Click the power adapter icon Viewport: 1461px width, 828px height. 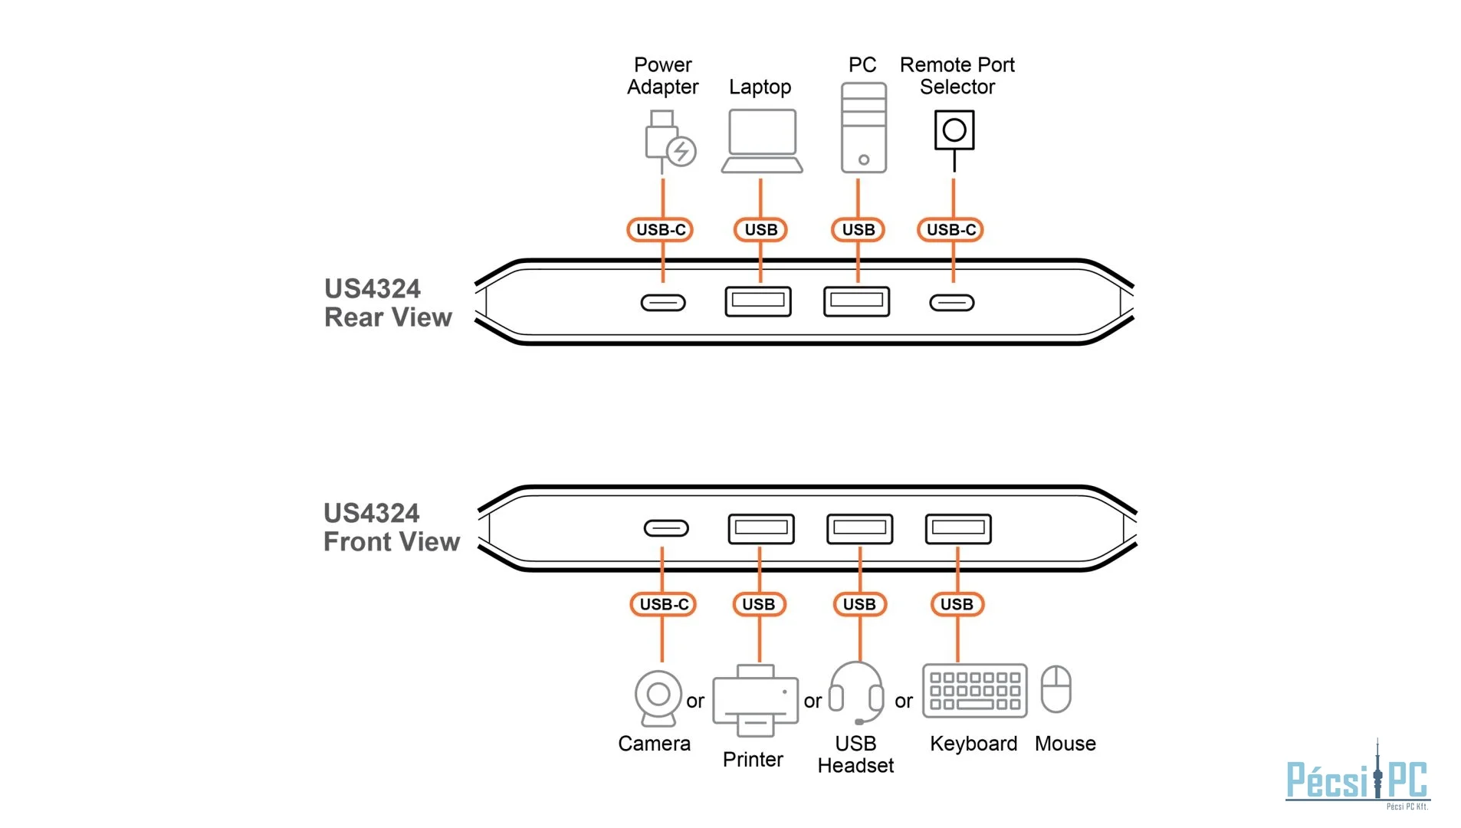tap(668, 140)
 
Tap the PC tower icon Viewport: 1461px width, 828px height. tap(863, 127)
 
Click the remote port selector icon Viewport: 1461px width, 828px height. tap(954, 130)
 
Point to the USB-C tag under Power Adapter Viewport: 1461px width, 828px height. tap(660, 229)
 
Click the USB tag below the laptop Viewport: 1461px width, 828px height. tap(760, 229)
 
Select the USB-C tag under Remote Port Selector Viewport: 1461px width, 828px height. tap(950, 229)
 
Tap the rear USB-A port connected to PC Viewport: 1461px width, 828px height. tap(856, 301)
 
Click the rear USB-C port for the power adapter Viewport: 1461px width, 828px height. tap(663, 303)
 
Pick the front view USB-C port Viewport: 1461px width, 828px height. tap(665, 528)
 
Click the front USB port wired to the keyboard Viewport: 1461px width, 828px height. tap(957, 528)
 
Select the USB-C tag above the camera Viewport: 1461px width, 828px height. tap(663, 604)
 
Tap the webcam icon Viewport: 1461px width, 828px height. tap(658, 698)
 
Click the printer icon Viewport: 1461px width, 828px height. tap(755, 699)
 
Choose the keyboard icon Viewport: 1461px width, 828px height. tap(974, 691)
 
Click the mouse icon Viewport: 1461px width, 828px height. tap(1056, 688)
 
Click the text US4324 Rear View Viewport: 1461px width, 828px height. tap(387, 303)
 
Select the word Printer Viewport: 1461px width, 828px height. tap(752, 759)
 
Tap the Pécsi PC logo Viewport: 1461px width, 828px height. tap(1357, 778)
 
